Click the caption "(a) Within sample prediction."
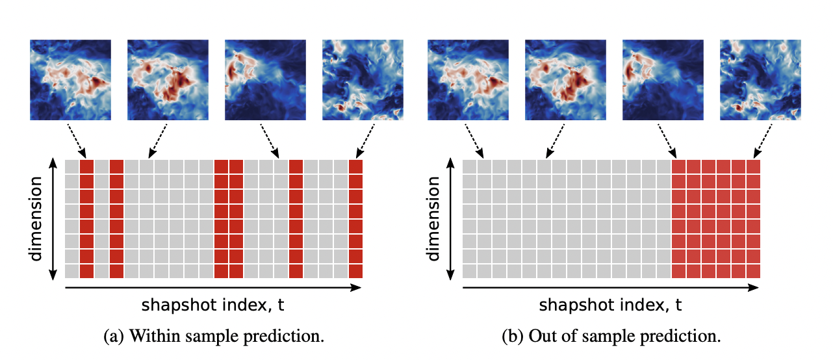214,337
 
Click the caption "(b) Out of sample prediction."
611,337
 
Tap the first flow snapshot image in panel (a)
70,79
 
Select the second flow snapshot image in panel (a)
168,79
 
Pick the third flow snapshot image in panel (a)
265,79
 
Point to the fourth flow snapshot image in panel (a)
363,79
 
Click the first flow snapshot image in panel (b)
468,79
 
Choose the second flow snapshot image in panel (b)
565,79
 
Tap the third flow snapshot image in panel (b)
663,79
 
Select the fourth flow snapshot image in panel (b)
760,79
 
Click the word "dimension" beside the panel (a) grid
36,218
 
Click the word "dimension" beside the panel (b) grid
433,218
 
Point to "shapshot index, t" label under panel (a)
214,305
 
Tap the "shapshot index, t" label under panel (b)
611,305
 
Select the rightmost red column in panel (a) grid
355,218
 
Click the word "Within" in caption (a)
148,337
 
